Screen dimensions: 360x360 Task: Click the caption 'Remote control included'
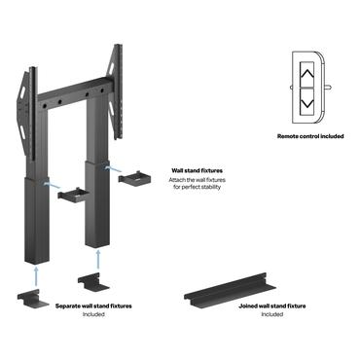309,137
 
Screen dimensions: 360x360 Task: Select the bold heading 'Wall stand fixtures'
195,168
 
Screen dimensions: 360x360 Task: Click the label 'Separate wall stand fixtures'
93,306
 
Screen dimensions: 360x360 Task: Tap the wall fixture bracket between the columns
72,195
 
